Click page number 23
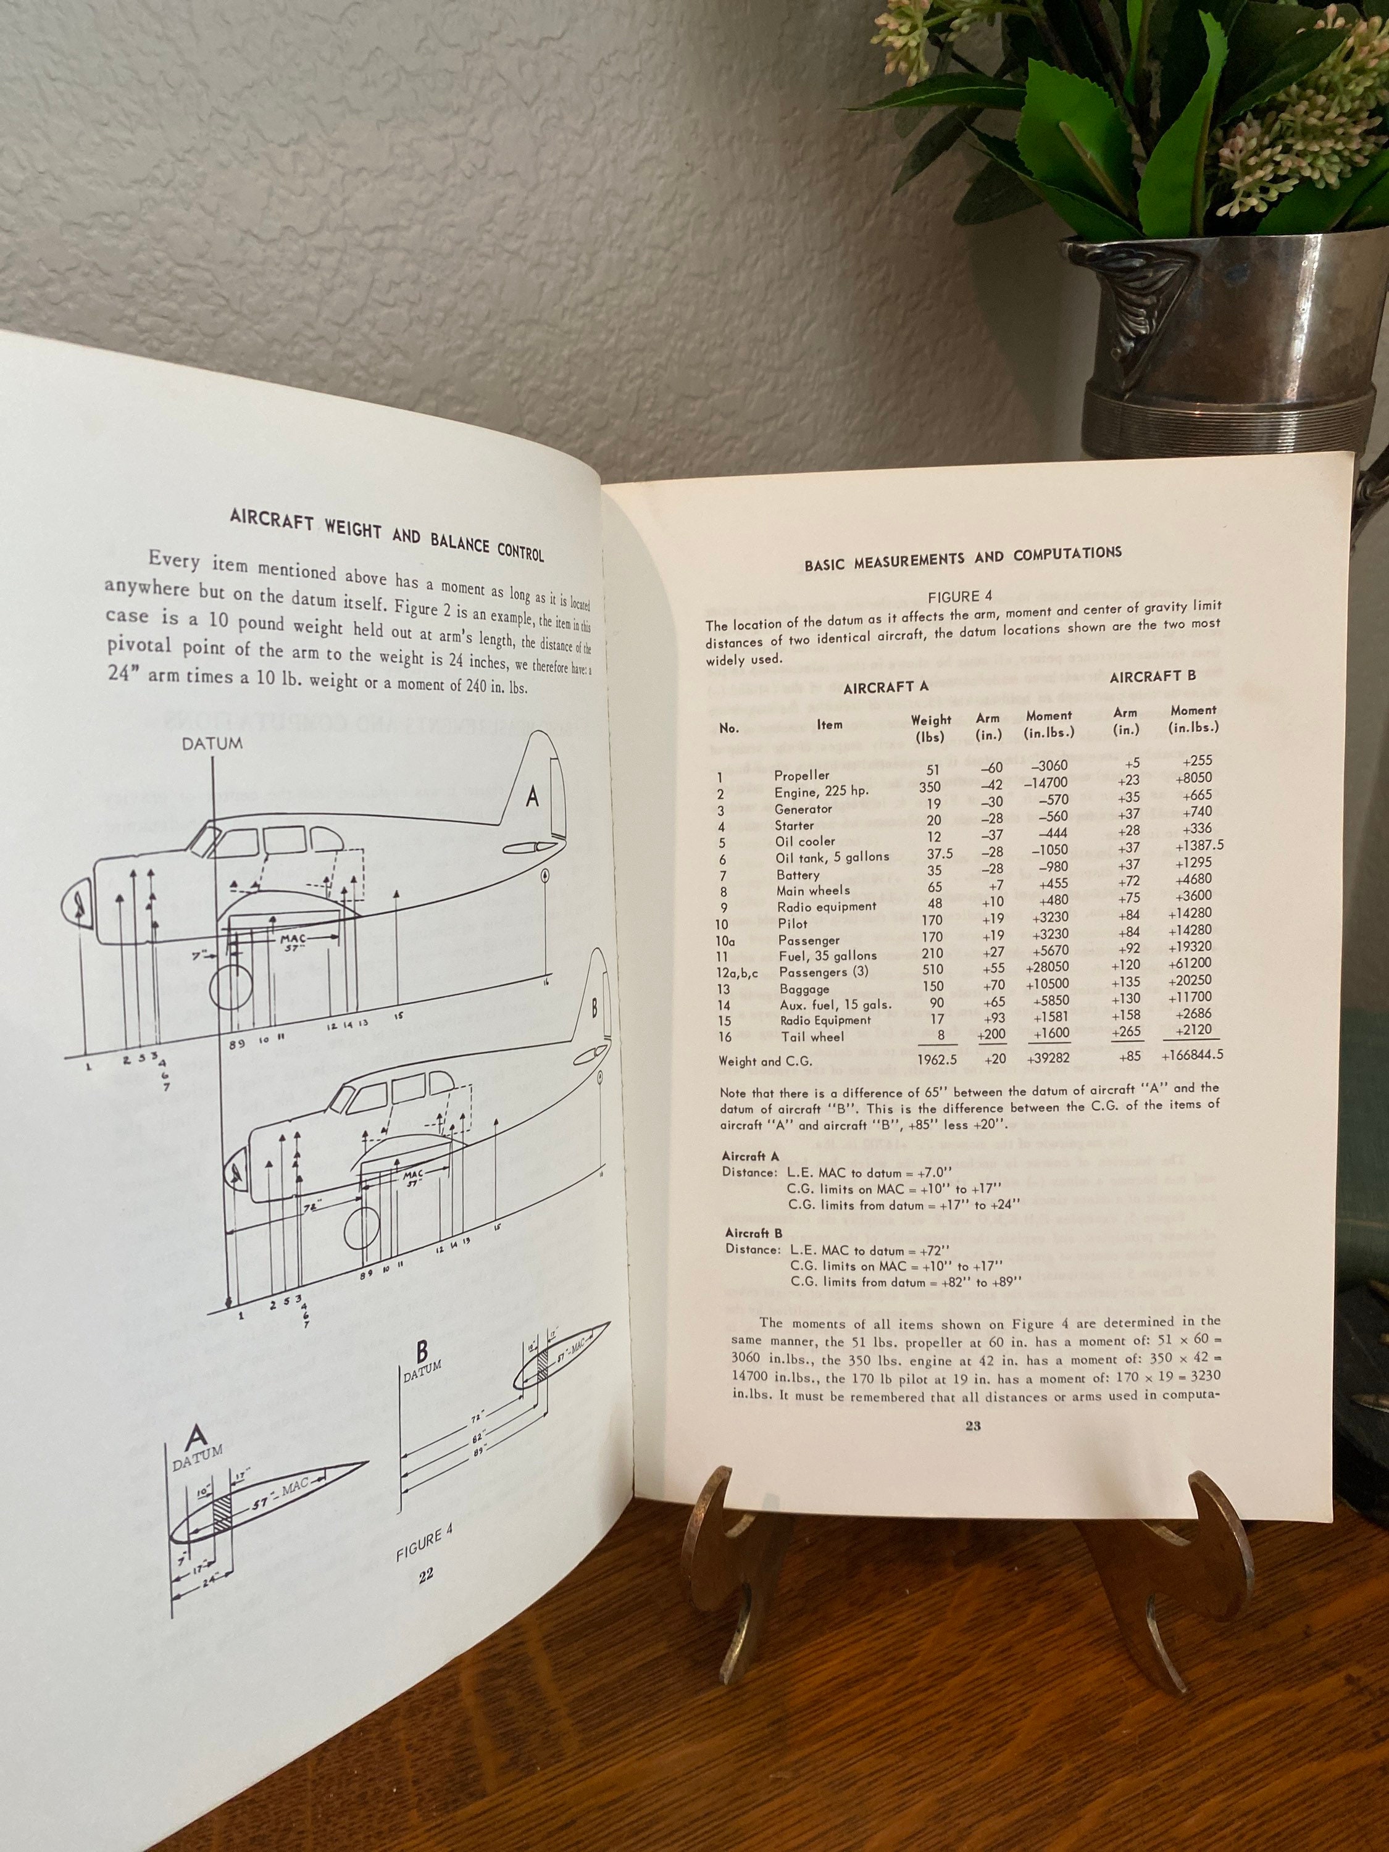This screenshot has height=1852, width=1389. point(972,1427)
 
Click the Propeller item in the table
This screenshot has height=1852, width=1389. point(801,775)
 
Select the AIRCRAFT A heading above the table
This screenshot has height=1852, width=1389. point(885,687)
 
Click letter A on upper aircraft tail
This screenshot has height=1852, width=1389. point(532,798)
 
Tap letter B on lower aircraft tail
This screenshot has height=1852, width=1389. point(594,1008)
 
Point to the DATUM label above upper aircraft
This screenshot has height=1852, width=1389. point(212,743)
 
